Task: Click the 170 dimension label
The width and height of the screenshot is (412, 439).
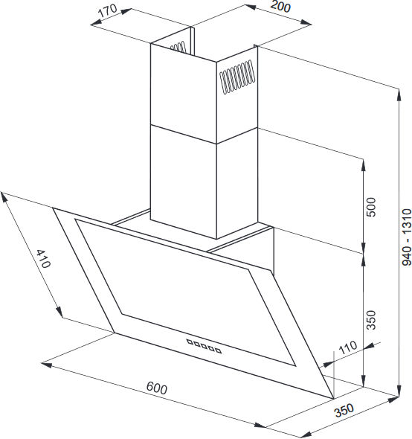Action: tap(108, 10)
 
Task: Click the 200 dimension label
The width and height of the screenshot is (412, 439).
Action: tap(280, 6)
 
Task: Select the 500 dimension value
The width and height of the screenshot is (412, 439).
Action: tap(371, 207)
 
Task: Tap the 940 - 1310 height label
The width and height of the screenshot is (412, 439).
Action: tap(406, 237)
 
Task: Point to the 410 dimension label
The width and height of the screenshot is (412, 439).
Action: tap(44, 259)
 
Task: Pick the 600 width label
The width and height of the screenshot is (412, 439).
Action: tap(157, 388)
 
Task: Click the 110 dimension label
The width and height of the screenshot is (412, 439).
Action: tap(348, 347)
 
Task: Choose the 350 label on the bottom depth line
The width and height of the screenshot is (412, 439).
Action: tap(344, 410)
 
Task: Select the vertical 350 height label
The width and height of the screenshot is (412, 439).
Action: tap(371, 320)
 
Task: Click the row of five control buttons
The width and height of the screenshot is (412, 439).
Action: tap(204, 346)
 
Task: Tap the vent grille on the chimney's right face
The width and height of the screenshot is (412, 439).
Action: tap(237, 77)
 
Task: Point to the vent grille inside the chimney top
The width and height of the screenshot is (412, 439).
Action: tap(178, 47)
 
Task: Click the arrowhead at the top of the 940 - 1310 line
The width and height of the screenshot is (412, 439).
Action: tap(399, 94)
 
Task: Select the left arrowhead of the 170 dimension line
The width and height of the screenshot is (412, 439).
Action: tap(96, 23)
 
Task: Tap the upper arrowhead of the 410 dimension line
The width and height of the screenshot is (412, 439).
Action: tap(4, 197)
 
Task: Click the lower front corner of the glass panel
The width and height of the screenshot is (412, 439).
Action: tap(334, 399)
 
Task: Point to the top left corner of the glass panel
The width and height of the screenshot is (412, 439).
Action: tap(54, 208)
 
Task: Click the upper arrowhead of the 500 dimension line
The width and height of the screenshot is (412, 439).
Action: tap(364, 165)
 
